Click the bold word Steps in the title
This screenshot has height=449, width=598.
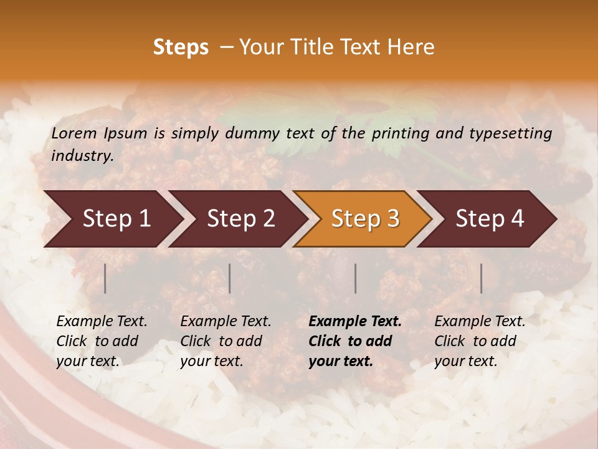pyautogui.click(x=181, y=47)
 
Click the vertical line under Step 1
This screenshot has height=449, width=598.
pyautogui.click(x=105, y=278)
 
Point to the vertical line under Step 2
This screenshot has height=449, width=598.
pyautogui.click(x=230, y=278)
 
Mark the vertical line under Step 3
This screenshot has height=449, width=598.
pyautogui.click(x=355, y=278)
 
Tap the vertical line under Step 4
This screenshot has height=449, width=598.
pyautogui.click(x=481, y=278)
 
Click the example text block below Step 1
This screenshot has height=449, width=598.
pyautogui.click(x=102, y=341)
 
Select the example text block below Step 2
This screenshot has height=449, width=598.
pyautogui.click(x=225, y=341)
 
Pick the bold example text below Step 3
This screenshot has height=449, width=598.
pyautogui.click(x=355, y=341)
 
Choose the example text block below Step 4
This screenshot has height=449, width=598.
pyautogui.click(x=480, y=341)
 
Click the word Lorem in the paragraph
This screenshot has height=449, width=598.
pyautogui.click(x=74, y=133)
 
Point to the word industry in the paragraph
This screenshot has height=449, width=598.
pyautogui.click(x=82, y=155)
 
